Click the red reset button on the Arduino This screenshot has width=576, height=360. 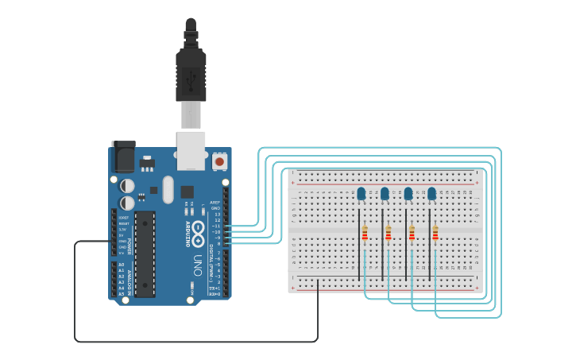click(x=219, y=161)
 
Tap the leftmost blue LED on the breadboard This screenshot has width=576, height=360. click(x=361, y=194)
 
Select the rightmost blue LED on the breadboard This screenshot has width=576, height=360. click(x=432, y=193)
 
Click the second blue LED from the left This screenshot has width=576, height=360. click(x=385, y=194)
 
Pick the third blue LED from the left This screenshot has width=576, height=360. click(x=408, y=194)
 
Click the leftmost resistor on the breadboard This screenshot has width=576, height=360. click(x=365, y=233)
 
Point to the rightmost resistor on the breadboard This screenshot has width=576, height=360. click(x=435, y=233)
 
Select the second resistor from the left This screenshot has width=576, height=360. click(x=389, y=233)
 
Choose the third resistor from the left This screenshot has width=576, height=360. click(x=412, y=233)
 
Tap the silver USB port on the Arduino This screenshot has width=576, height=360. click(x=191, y=150)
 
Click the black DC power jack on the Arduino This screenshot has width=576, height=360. click(x=122, y=157)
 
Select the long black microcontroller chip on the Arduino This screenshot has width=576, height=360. click(x=144, y=254)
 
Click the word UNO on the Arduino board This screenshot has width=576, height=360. click(x=196, y=265)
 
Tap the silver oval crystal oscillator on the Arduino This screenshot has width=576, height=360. click(x=167, y=189)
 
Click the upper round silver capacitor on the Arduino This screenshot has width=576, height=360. click(x=127, y=185)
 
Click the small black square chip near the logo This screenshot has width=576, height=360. click(x=187, y=192)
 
